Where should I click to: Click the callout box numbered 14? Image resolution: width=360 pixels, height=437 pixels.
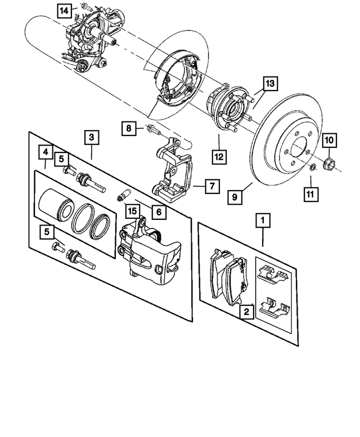click(x=65, y=10)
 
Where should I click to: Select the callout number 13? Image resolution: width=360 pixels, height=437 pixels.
click(x=269, y=84)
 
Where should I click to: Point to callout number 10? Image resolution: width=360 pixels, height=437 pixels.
click(x=329, y=138)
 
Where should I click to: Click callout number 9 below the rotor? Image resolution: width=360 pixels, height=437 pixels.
click(x=235, y=196)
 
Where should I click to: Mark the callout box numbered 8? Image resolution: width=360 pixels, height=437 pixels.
click(x=129, y=129)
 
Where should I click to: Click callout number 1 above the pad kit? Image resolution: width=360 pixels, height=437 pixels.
click(x=261, y=220)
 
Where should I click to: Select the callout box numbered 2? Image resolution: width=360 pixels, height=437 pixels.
click(x=246, y=310)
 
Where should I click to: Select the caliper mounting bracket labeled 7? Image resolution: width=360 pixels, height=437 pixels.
click(x=172, y=169)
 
